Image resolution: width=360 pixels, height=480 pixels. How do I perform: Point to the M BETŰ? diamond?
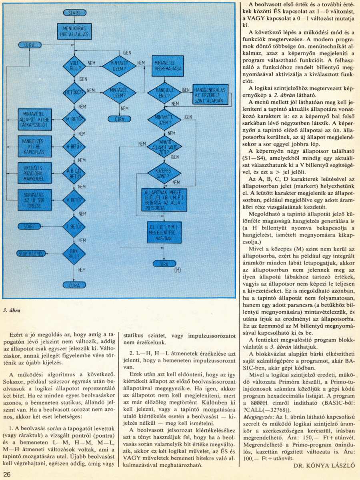pyautogui.click(x=74, y=119)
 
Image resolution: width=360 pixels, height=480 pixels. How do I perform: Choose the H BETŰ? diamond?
pyautogui.click(x=74, y=146)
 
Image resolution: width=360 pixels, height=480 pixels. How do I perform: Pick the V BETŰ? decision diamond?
pyautogui.click(x=74, y=199)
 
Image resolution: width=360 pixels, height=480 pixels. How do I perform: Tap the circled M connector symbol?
pyautogui.click(x=178, y=270)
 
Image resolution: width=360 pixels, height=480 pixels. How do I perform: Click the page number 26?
pyautogui.click(x=8, y=474)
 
